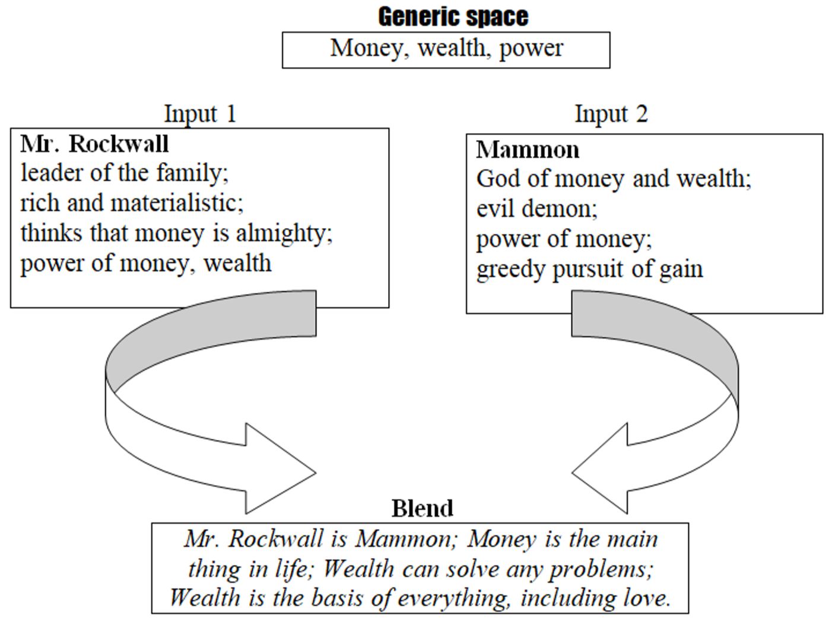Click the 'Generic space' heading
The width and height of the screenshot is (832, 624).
click(453, 17)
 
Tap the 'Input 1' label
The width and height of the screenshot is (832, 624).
click(200, 113)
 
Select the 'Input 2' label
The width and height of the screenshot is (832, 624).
click(611, 113)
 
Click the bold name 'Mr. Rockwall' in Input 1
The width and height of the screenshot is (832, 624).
click(94, 144)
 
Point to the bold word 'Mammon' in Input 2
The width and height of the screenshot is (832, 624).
click(528, 150)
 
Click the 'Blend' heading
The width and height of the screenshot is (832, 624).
click(422, 508)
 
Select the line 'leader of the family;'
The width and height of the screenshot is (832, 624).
click(125, 173)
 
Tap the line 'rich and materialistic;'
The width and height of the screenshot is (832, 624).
click(132, 203)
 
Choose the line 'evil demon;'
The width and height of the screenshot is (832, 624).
click(536, 209)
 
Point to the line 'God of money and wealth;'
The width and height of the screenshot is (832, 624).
click(614, 179)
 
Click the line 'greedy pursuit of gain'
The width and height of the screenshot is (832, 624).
click(589, 269)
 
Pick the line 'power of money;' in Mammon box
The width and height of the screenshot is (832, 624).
click(564, 239)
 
